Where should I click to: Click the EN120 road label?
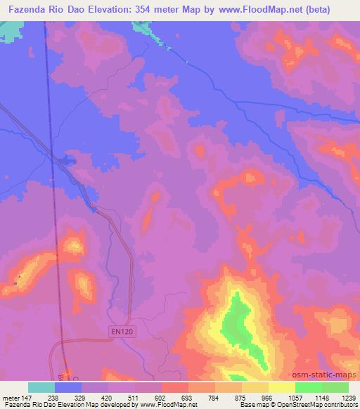[x=122, y=330]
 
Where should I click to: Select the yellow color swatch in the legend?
[x=282, y=387]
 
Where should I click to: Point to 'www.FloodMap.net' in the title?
[x=267, y=10]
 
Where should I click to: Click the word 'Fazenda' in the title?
[x=26, y=10]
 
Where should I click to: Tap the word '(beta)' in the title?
[x=333, y=10]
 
